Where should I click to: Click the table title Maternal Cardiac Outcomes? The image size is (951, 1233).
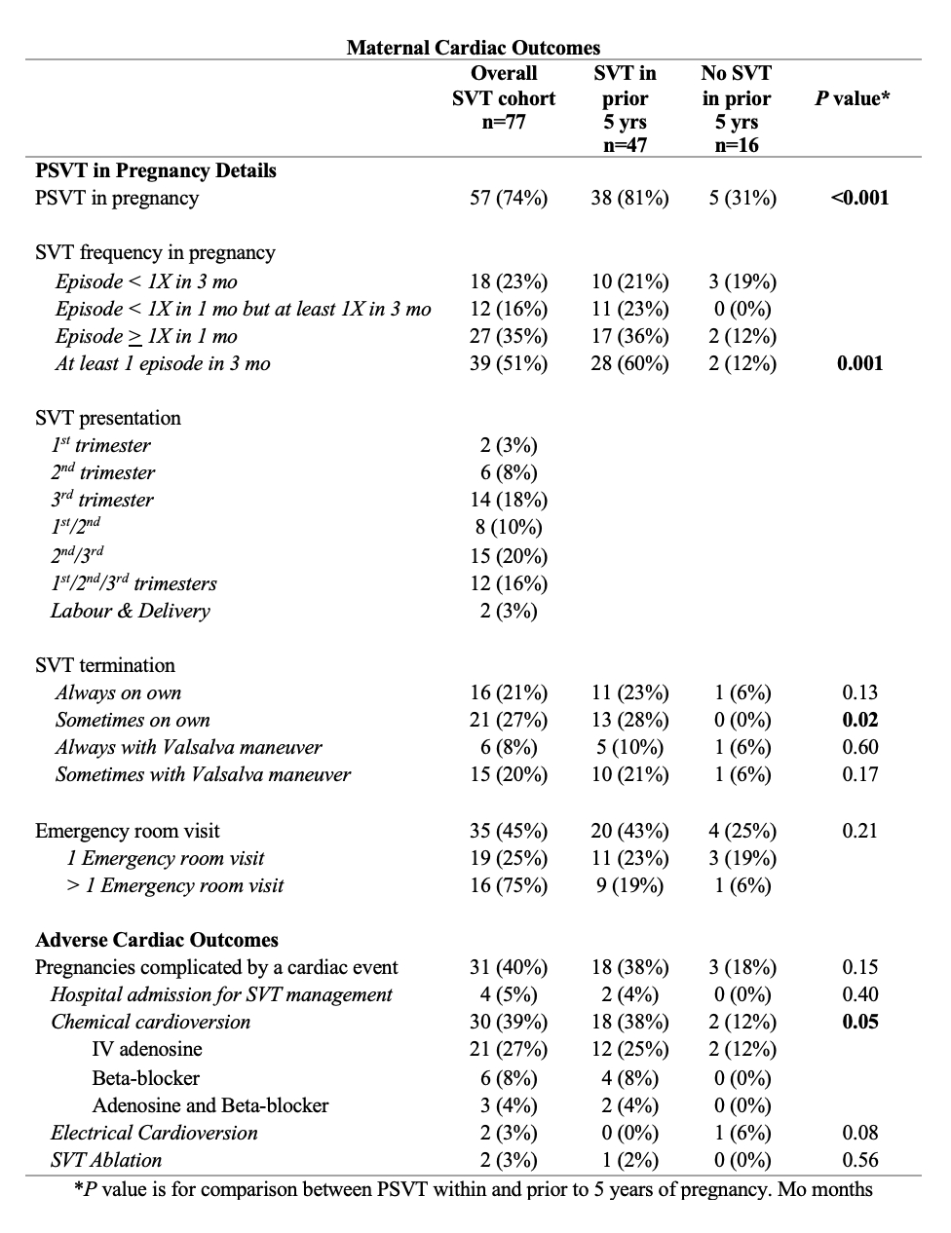point(474,47)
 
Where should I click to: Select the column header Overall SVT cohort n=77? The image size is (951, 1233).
point(504,98)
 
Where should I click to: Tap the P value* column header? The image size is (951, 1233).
point(852,98)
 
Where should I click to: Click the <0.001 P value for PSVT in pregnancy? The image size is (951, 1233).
point(859,198)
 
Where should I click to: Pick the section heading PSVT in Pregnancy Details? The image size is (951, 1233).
point(156,170)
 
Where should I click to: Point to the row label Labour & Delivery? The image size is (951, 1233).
point(131,611)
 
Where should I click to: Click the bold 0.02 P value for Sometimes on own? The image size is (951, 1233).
point(859,720)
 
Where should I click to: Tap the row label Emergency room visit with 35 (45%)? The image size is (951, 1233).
point(128,831)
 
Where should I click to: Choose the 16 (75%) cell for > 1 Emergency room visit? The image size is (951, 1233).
point(509,885)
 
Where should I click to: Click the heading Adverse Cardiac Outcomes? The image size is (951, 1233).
point(157,940)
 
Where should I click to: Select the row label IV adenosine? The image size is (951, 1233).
point(147,1049)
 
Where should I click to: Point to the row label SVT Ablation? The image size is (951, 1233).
point(106,1160)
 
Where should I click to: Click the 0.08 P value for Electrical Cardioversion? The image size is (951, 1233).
point(859,1133)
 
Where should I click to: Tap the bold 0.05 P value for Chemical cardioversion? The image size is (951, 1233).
point(859,1022)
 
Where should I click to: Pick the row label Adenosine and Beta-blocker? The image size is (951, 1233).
point(210,1105)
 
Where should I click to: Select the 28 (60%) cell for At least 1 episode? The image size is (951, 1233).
point(629,363)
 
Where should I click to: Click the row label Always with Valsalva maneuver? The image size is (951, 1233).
point(189,747)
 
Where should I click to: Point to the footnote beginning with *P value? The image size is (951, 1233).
point(474,1189)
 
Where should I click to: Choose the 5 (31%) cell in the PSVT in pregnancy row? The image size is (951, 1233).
point(742,198)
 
